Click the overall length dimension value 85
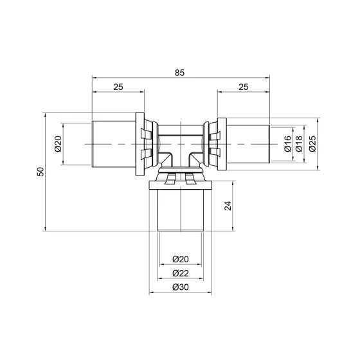[179, 73]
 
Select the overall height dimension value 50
[40, 173]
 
